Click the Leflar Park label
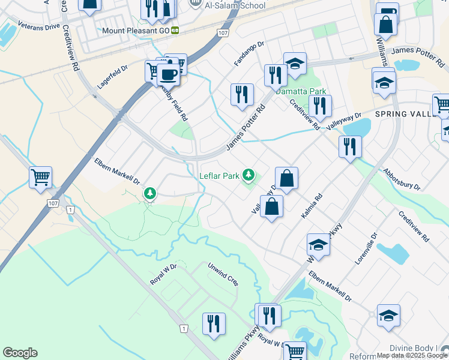coord(220,176)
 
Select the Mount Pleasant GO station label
coord(135,30)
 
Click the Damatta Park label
coord(301,91)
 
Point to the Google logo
coord(20,353)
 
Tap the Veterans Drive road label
coord(39,27)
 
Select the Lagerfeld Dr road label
coord(113,78)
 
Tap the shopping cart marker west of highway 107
coord(41,177)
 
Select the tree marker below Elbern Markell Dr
coord(149,193)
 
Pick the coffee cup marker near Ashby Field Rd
coord(169,74)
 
